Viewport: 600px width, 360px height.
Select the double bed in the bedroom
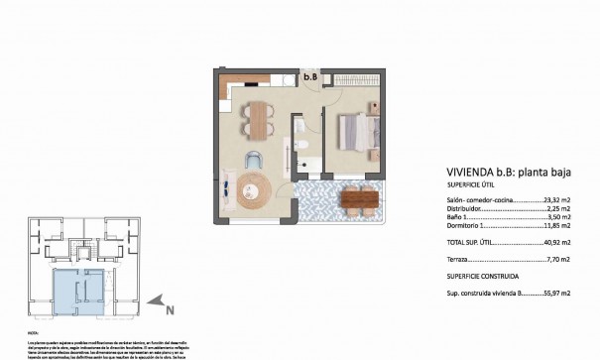(x=354, y=133)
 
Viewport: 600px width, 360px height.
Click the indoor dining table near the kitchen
(x=257, y=119)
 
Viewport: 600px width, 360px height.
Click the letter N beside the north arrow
(x=171, y=309)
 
